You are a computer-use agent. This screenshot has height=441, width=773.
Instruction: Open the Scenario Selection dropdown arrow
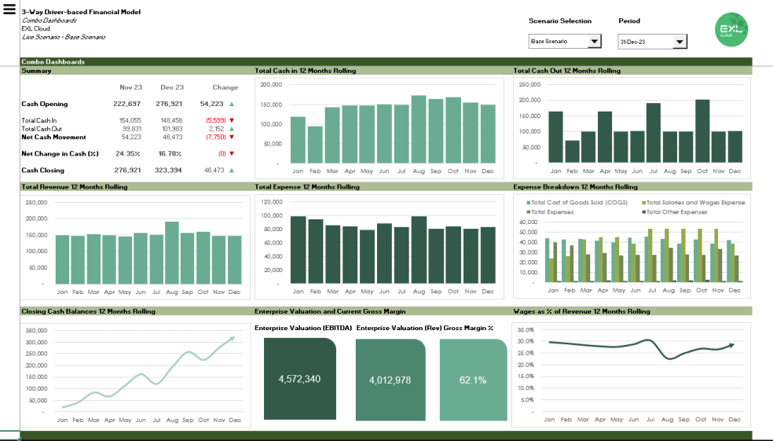[594, 42]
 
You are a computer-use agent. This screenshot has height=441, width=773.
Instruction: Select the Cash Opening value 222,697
[126, 104]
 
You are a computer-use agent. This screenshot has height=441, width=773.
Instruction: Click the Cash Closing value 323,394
[169, 170]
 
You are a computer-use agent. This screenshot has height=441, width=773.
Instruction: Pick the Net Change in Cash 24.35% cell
[128, 153]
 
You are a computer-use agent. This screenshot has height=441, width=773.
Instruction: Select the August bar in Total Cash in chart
[419, 130]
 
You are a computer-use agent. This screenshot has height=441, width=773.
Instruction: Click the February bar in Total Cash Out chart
[572, 152]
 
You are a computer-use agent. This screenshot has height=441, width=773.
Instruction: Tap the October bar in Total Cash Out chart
[702, 131]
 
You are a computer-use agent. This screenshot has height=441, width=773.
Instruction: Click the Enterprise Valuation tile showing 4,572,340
[299, 379]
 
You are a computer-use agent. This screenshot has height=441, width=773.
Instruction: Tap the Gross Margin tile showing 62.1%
[473, 380]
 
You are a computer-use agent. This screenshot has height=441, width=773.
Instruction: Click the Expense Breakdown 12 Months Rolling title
[575, 187]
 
